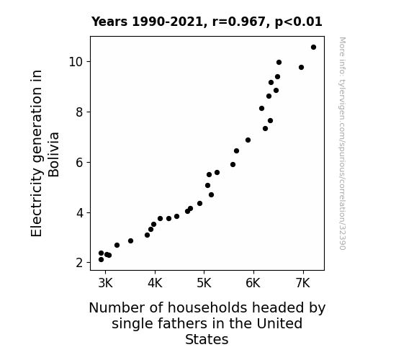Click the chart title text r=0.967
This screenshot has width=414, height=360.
pos(239,22)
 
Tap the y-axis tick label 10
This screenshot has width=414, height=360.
pos(76,62)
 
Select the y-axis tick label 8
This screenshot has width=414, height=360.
pos(79,112)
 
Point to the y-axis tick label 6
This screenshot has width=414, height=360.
pos(79,163)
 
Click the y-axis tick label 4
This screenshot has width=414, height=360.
pos(79,213)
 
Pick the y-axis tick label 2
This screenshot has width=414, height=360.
pos(79,263)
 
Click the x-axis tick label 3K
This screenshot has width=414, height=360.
pos(105,283)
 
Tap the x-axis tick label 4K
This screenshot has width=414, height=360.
pos(155,283)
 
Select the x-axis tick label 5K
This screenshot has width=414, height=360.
pos(204,283)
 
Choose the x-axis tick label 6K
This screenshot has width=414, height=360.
pos(253,283)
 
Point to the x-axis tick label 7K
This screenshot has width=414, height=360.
pos(303,283)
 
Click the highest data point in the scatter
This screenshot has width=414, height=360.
pos(313,48)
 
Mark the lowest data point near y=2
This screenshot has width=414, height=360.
pos(101,260)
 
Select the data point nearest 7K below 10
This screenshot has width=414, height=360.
pos(301,68)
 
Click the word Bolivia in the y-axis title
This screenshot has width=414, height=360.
pos(53,155)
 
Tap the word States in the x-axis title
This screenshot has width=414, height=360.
pos(207,339)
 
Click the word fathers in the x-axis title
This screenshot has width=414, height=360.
pos(184,323)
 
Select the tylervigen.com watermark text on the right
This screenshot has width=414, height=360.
pos(342,143)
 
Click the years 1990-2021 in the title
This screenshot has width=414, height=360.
pos(167,22)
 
